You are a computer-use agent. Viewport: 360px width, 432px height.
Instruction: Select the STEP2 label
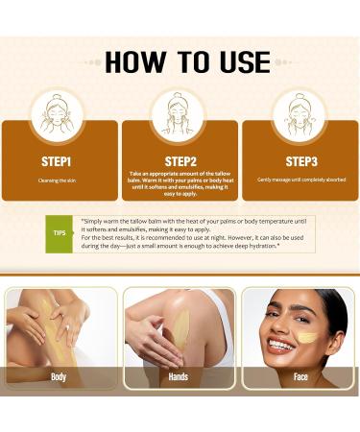pyautogui.click(x=180, y=160)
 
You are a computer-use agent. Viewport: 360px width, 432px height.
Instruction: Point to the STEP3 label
pyautogui.click(x=300, y=160)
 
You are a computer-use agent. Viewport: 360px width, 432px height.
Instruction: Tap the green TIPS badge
pyautogui.click(x=60, y=232)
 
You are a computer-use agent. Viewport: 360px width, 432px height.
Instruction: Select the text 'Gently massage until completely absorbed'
pyautogui.click(x=300, y=180)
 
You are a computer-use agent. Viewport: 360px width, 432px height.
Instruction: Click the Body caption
pyautogui.click(x=60, y=377)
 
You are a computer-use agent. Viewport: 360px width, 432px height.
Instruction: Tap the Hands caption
pyautogui.click(x=180, y=377)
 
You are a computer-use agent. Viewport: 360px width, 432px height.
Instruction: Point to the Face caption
pyautogui.click(x=300, y=377)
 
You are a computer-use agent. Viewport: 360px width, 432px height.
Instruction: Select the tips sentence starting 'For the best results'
pyautogui.click(x=192, y=239)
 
